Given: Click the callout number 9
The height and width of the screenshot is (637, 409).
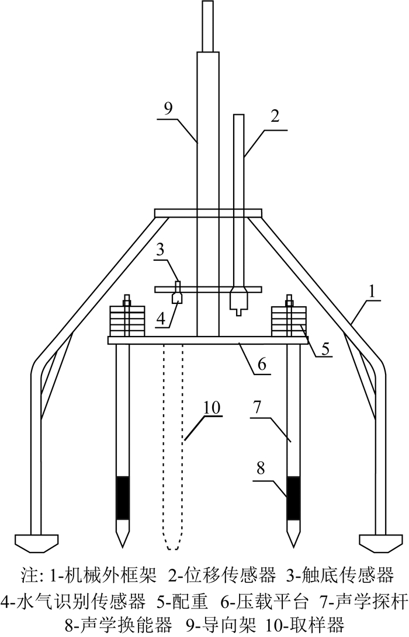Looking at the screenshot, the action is pos(169,107).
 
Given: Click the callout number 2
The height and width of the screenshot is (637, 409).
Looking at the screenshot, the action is pos(274,115).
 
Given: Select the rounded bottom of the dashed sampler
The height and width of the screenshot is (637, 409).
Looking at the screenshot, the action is pos(172,545).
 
